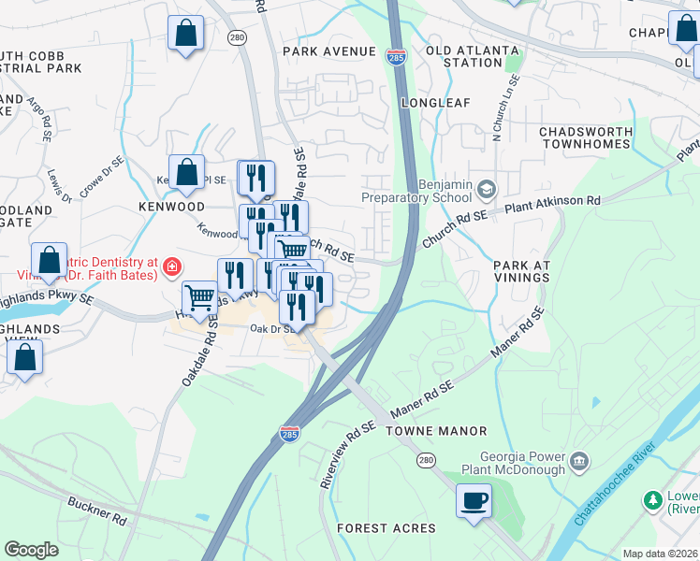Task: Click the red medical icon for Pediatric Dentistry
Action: coord(171,268)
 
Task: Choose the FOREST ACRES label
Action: coord(386,528)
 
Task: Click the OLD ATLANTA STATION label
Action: coord(472,56)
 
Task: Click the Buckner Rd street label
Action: coord(96,513)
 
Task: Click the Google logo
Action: coord(31,550)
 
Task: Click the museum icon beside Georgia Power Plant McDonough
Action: coord(578,460)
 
